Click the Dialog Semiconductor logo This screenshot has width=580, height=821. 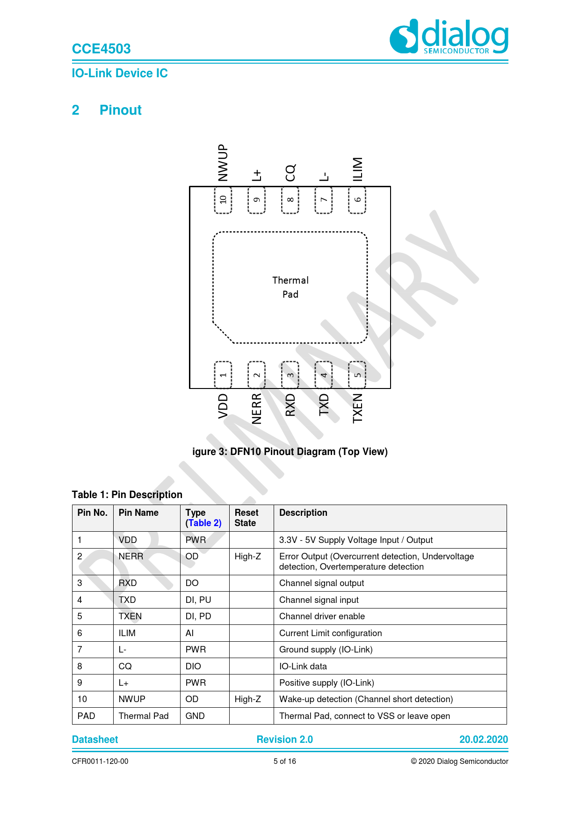coord(449,36)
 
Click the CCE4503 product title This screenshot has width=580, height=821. coord(101,49)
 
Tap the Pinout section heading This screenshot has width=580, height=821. coord(120,110)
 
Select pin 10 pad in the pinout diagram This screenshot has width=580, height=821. coord(223,200)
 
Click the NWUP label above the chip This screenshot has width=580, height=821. coord(223,162)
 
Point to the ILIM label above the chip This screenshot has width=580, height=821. coord(357,169)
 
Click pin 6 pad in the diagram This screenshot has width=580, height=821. coord(357,200)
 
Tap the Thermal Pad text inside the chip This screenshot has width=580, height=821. coord(290,287)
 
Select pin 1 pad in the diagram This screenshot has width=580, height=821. coord(223,374)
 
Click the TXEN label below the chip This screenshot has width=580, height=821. coord(357,408)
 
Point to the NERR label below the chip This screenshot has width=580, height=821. coord(257,409)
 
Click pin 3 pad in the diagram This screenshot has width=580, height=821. coord(290,374)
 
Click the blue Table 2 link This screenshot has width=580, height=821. coord(204,523)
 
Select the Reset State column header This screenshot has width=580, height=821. coord(246,518)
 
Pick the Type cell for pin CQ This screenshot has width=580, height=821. coord(193,666)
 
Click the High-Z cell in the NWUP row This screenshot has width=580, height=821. coord(248,699)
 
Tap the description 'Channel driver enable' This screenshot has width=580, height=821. coord(322,616)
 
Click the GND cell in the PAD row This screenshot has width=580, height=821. coord(195,716)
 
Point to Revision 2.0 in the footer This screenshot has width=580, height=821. coord(284,740)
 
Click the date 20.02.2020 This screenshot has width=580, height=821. coord(483,740)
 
